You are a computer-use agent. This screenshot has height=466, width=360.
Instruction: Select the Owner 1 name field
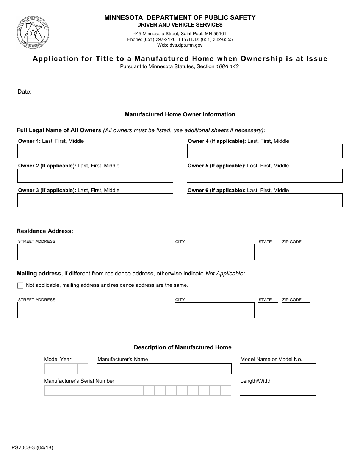[x=95, y=151]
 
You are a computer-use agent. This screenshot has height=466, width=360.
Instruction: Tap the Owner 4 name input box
[x=265, y=151]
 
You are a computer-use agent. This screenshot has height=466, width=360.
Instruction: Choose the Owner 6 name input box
[x=265, y=200]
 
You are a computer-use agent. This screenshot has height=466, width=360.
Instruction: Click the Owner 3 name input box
[x=95, y=200]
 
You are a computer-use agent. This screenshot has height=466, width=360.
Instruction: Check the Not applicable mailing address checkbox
[x=20, y=286]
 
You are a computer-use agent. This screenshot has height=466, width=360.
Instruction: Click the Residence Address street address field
[x=94, y=252]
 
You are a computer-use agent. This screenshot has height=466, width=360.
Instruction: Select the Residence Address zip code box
[x=296, y=252]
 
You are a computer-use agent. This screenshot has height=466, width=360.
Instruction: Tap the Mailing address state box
[x=268, y=310]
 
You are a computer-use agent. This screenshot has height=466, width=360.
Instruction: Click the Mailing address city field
[x=214, y=310]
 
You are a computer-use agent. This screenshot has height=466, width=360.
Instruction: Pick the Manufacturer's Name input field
[x=164, y=369]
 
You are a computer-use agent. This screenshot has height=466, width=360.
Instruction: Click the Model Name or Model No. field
[x=278, y=369]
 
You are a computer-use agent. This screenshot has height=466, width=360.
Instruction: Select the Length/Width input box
[x=278, y=390]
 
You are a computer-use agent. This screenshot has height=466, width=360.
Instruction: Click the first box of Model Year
[x=50, y=369]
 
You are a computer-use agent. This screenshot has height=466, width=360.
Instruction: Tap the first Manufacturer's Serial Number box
[x=50, y=391]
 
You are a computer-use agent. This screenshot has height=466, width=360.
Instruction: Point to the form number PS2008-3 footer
[x=32, y=447]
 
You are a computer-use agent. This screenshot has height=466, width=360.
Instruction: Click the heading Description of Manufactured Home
[x=182, y=347]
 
